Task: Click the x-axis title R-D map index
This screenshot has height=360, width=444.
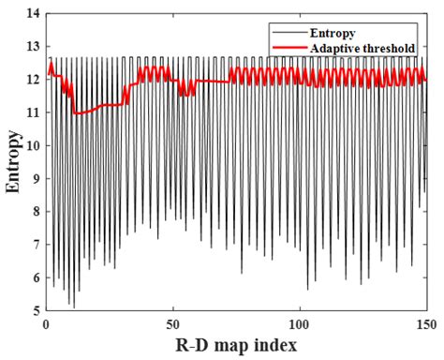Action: [x=235, y=345]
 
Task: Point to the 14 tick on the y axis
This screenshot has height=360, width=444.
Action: [x=35, y=13]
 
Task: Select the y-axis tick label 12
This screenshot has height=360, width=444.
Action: [x=35, y=80]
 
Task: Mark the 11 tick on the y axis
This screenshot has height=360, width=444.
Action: [x=35, y=112]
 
